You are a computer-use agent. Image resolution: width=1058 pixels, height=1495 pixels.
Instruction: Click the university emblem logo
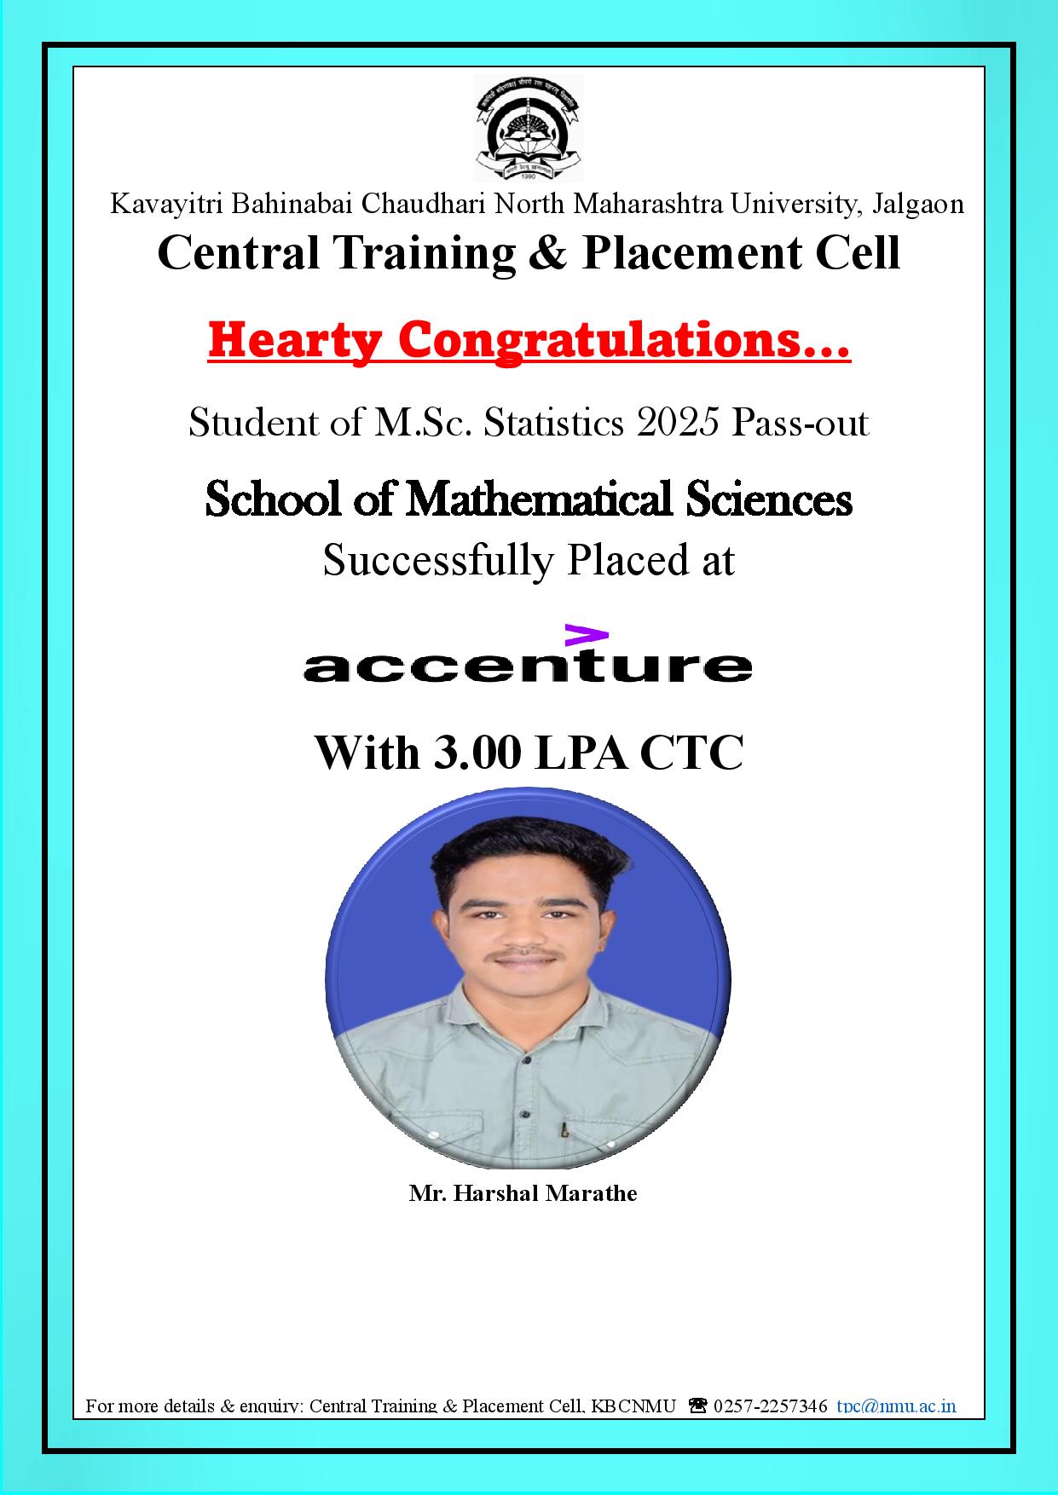pos(529,127)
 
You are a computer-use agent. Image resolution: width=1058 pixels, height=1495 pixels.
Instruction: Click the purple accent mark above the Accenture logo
pos(587,635)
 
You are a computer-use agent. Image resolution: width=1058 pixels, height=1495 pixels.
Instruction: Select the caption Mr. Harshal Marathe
pos(523,1193)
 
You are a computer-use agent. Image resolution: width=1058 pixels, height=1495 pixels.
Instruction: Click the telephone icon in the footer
pos(697,1406)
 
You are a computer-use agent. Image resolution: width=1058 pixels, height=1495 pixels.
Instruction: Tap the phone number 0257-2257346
pos(770,1406)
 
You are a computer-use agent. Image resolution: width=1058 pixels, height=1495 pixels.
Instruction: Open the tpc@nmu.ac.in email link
pos(896,1406)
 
